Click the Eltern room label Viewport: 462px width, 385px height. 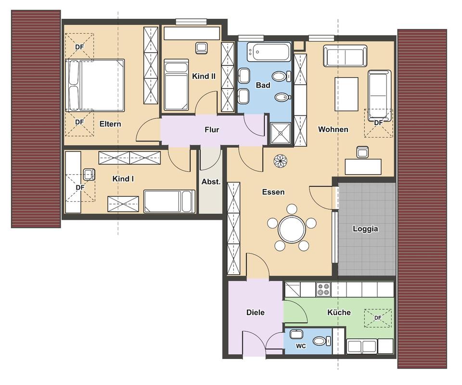(110, 124)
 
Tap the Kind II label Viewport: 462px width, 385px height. (204, 77)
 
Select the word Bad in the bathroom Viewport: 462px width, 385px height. (263, 85)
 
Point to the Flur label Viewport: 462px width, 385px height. (212, 129)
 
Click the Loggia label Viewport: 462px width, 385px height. (365, 229)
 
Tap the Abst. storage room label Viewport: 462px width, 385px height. (211, 182)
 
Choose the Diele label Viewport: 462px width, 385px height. (256, 312)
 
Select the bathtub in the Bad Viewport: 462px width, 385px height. (269, 52)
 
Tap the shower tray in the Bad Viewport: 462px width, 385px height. (281, 133)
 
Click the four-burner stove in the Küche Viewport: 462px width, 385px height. (323, 289)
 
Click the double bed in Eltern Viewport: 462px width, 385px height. (95, 86)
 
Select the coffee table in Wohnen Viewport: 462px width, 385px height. (346, 94)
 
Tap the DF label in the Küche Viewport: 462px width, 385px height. (378, 318)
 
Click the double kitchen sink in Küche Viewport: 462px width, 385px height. (362, 346)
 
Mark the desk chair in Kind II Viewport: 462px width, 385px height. (201, 48)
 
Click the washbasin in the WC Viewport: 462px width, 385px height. (296, 334)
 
